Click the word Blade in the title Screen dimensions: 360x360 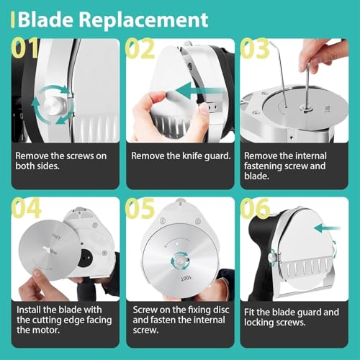point(45,19)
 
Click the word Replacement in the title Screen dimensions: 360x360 point(143,19)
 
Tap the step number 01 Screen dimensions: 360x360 point(24,48)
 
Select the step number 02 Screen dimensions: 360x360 point(140,48)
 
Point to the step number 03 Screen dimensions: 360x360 point(254,48)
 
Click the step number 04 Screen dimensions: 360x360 point(26,208)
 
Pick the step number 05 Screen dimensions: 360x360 point(140,208)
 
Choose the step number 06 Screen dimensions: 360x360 point(255,208)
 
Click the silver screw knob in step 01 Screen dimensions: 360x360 point(55,106)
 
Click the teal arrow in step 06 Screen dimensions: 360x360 point(327,228)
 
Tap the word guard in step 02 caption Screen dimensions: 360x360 point(217,156)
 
